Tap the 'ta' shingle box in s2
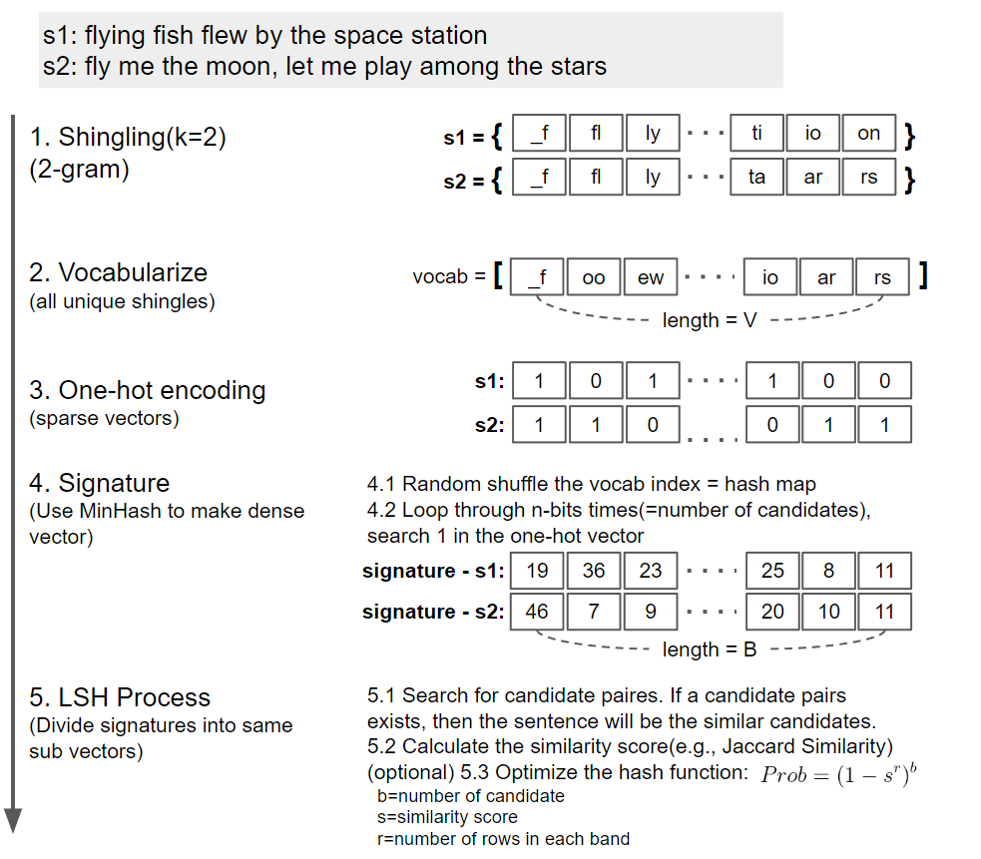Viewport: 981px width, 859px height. pyautogui.click(x=756, y=178)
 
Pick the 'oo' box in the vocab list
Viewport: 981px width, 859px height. pyautogui.click(x=594, y=278)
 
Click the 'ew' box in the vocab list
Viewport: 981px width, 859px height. pyautogui.click(x=651, y=278)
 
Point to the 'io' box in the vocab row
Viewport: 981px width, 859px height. pyautogui.click(x=769, y=278)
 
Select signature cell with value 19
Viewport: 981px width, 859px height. pyautogui.click(x=537, y=571)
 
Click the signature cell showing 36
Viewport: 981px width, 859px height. pyautogui.click(x=594, y=571)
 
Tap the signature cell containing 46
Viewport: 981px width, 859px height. pyautogui.click(x=537, y=612)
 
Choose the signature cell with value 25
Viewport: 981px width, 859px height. pyautogui.click(x=772, y=571)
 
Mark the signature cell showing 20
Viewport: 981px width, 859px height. pyautogui.click(x=772, y=612)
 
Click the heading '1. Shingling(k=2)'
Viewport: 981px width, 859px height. pyautogui.click(x=128, y=137)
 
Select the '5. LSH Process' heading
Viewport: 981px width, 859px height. pyautogui.click(x=120, y=697)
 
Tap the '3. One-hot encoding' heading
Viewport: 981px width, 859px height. pyautogui.click(x=148, y=390)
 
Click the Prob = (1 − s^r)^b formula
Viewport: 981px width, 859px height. pyautogui.click(x=838, y=774)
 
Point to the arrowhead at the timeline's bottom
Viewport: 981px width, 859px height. pyautogui.click(x=13, y=819)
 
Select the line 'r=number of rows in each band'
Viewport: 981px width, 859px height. pyautogui.click(x=503, y=839)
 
